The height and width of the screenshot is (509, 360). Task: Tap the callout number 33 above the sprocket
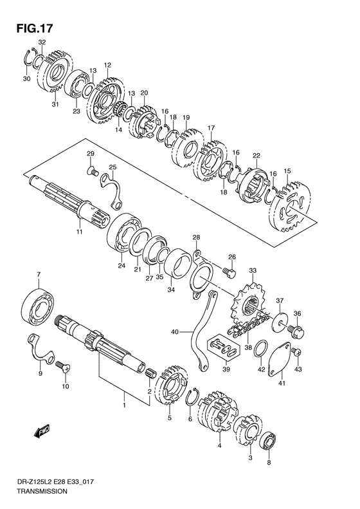point(253,270)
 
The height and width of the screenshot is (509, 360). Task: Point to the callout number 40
point(174,332)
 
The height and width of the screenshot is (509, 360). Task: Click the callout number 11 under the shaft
point(80,231)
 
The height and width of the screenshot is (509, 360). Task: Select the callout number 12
point(107,65)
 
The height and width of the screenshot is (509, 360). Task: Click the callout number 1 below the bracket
point(125,405)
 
